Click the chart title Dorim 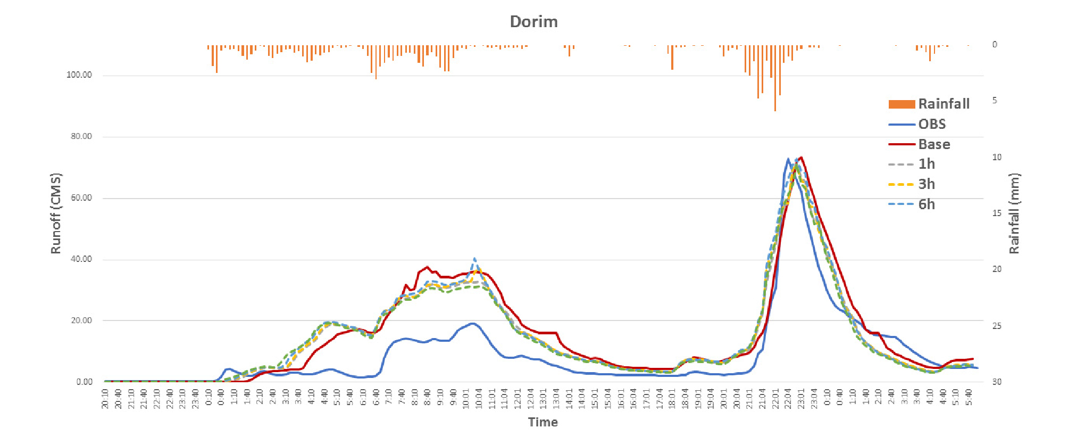(533, 22)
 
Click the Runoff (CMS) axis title (56, 213)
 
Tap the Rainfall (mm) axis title (1014, 213)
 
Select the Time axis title (543, 422)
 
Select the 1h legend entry (927, 164)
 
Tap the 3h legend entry (927, 184)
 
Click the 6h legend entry (927, 204)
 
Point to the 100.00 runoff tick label (79, 75)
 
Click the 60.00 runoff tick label (81, 198)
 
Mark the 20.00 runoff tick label (81, 320)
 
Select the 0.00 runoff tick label (84, 382)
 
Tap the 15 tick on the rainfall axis (996, 213)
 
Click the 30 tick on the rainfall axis (996, 382)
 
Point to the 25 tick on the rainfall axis (996, 326)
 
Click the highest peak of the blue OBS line (788, 159)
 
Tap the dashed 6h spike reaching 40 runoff (474, 259)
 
